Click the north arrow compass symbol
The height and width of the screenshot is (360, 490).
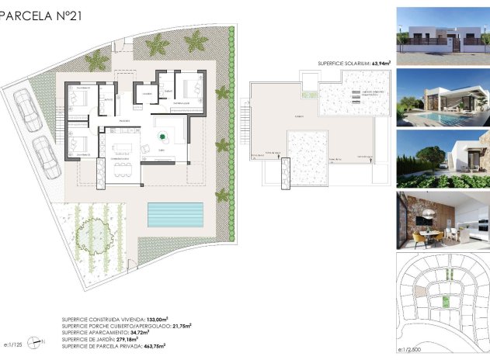33,341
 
